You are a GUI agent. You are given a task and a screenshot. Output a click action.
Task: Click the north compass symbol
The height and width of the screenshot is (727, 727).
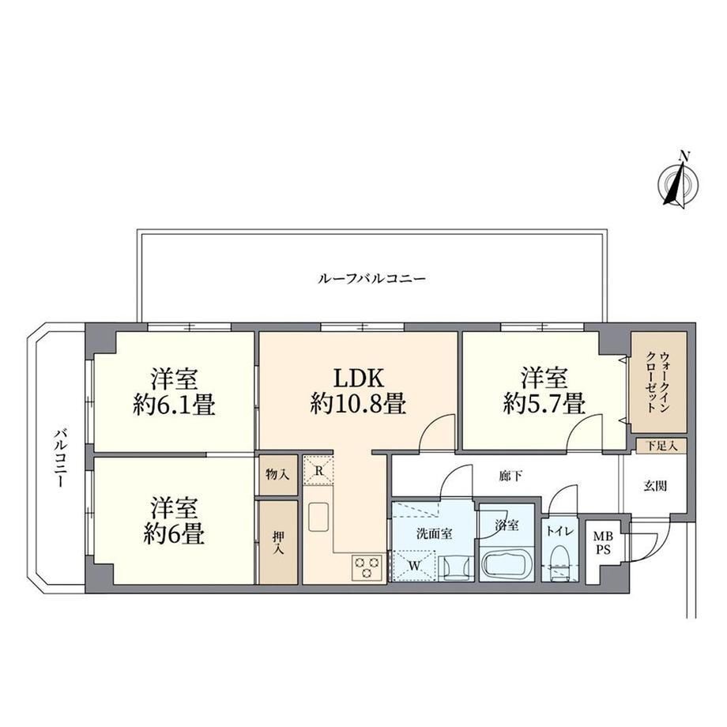(x=679, y=182)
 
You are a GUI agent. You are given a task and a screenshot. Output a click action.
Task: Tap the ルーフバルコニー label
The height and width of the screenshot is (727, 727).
(x=371, y=279)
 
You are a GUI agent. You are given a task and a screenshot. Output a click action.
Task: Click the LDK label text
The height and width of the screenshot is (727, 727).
(x=360, y=378)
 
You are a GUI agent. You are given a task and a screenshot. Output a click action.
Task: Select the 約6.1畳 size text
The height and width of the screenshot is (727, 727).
(x=174, y=405)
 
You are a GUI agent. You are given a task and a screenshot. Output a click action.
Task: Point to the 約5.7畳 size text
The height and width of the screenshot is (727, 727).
(x=544, y=403)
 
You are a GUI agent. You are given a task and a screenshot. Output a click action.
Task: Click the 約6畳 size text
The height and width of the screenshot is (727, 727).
(x=174, y=535)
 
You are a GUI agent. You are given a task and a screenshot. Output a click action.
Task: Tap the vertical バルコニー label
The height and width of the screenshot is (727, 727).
(x=60, y=458)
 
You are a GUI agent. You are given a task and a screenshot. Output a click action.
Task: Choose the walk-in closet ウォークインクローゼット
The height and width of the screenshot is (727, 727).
(x=658, y=382)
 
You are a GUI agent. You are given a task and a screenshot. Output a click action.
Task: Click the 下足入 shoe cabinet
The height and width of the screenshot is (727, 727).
(x=661, y=446)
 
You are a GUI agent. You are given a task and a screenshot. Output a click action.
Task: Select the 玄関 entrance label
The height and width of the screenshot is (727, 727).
(x=655, y=485)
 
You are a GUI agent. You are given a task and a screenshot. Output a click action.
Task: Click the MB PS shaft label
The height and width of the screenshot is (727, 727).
(x=603, y=543)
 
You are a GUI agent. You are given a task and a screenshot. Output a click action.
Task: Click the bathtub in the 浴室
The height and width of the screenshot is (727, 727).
(x=507, y=563)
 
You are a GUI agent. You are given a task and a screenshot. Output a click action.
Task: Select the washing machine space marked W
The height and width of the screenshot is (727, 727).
(x=413, y=565)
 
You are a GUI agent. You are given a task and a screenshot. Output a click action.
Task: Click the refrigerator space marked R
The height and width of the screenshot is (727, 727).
(x=318, y=470)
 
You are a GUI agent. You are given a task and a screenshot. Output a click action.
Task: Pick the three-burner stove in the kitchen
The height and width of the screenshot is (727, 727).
(x=367, y=567)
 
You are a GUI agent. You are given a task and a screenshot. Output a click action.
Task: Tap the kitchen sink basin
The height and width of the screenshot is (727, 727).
(x=318, y=518)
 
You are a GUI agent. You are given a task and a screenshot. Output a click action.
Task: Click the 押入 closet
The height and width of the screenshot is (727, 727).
(x=278, y=542)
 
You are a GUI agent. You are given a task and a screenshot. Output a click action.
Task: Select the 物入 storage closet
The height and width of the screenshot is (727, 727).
(x=277, y=474)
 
